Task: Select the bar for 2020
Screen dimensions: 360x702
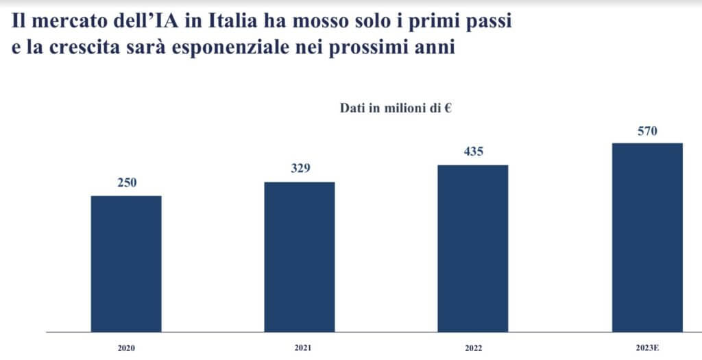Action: pyautogui.click(x=126, y=264)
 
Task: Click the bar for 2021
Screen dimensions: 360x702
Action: pyautogui.click(x=300, y=257)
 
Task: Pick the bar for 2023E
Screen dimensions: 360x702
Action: pyautogui.click(x=647, y=237)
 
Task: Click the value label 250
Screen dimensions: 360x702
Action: pyautogui.click(x=126, y=182)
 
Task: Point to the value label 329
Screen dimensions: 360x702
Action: pyautogui.click(x=300, y=168)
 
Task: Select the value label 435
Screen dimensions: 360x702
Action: pyautogui.click(x=473, y=152)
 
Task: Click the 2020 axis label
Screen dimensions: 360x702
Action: pyautogui.click(x=126, y=348)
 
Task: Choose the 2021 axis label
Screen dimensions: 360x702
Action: pyautogui.click(x=300, y=348)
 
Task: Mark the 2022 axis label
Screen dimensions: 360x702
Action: pyautogui.click(x=473, y=348)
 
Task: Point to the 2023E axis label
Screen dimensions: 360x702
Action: pyautogui.click(x=647, y=348)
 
